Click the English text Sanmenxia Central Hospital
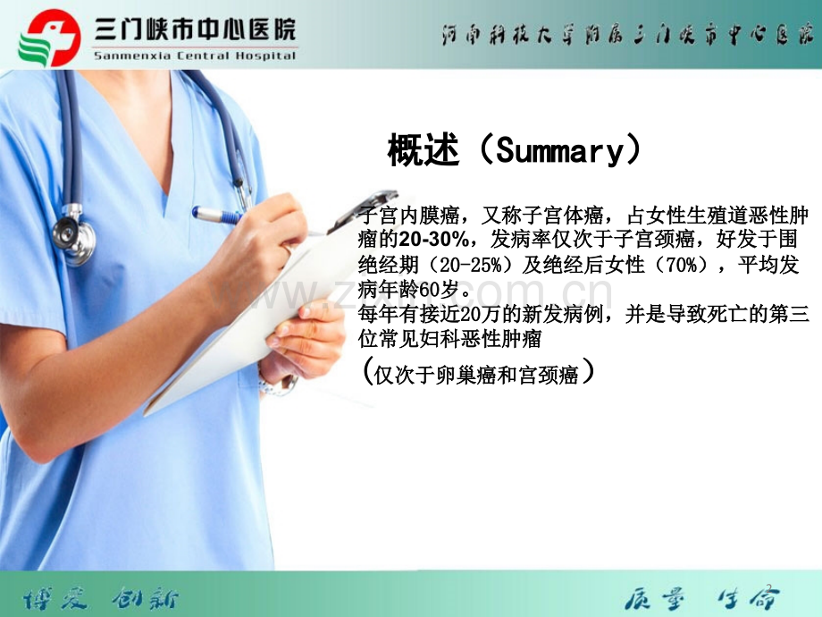click(194, 55)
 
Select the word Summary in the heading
click(558, 151)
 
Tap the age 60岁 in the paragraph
click(450, 290)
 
